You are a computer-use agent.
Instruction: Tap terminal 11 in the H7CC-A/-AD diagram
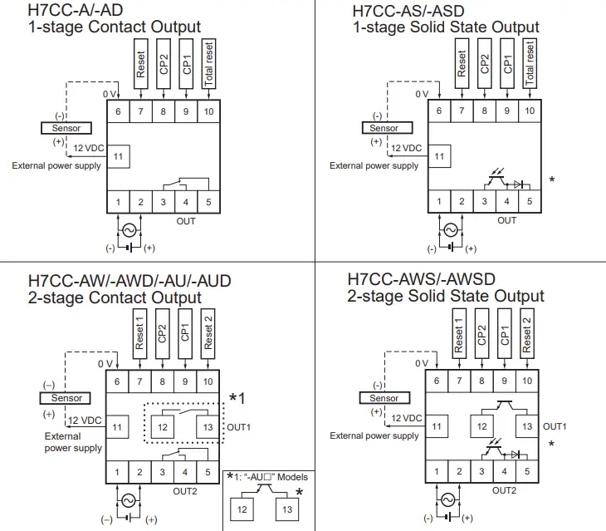[118, 155]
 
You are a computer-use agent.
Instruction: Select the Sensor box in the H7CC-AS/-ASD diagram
[384, 128]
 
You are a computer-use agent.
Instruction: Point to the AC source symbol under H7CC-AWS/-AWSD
[448, 499]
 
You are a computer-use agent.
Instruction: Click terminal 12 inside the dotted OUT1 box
[164, 426]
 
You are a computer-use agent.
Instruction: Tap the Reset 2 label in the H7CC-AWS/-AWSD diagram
[526, 330]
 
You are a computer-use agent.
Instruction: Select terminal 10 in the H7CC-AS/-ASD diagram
[528, 110]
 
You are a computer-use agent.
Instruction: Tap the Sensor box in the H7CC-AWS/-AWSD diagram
[384, 398]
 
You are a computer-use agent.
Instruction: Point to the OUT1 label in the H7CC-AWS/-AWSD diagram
[555, 425]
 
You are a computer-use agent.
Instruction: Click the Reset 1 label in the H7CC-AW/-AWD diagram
[140, 332]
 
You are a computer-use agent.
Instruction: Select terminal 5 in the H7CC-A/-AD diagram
[208, 202]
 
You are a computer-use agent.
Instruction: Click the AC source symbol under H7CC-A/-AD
[130, 229]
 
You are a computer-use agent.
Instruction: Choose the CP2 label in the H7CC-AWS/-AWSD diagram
[481, 330]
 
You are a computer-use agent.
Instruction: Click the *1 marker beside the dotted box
[237, 399]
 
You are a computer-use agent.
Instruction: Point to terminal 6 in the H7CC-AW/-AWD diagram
[117, 381]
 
